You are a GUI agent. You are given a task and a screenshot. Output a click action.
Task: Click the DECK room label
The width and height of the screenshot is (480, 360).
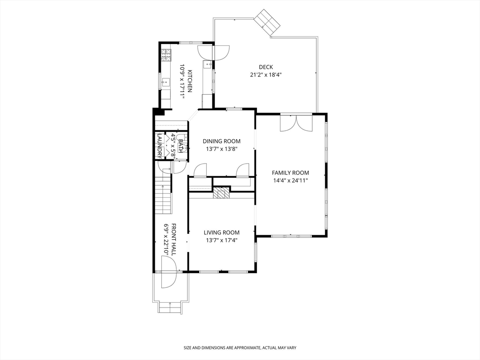click(266, 67)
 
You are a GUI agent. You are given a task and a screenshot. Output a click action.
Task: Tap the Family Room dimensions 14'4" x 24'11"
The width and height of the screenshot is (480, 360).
click(290, 180)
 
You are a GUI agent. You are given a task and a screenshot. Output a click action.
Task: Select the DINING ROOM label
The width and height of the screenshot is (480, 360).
click(222, 141)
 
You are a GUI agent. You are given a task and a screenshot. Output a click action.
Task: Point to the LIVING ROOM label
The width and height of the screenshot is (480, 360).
click(222, 232)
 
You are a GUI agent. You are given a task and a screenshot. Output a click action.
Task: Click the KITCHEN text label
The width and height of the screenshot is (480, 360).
click(189, 81)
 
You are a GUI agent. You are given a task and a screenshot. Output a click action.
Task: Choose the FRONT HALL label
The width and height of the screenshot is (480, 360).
click(173, 240)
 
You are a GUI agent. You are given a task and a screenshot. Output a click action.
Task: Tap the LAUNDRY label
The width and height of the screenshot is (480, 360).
click(159, 145)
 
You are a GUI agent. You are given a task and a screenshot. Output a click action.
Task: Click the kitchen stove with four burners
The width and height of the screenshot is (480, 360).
click(166, 55)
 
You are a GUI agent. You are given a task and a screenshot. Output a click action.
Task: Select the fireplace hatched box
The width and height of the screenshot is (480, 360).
click(221, 193)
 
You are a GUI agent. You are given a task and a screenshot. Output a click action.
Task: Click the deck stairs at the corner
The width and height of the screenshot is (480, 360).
click(267, 22)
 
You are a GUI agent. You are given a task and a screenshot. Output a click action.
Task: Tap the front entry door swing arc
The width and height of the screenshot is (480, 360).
click(169, 272)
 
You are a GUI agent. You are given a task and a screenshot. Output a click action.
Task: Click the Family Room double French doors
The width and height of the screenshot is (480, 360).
click(296, 123)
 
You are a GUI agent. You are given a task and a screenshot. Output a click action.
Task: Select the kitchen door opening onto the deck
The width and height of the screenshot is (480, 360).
click(213, 52)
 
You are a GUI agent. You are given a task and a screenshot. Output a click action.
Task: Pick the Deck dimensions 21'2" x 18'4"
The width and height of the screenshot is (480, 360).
click(266, 75)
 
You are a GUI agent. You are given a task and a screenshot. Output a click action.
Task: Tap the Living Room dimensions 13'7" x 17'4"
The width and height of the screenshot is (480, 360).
click(222, 240)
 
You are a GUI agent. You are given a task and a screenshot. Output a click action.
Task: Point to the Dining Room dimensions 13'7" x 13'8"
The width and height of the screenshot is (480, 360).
click(222, 149)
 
